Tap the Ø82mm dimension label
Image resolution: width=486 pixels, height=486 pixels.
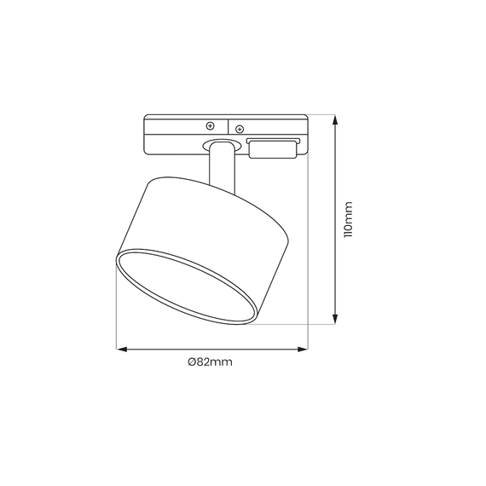click(x=210, y=362)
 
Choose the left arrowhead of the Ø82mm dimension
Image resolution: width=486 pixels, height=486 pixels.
click(x=120, y=348)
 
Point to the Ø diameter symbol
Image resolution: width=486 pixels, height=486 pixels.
click(x=192, y=362)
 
